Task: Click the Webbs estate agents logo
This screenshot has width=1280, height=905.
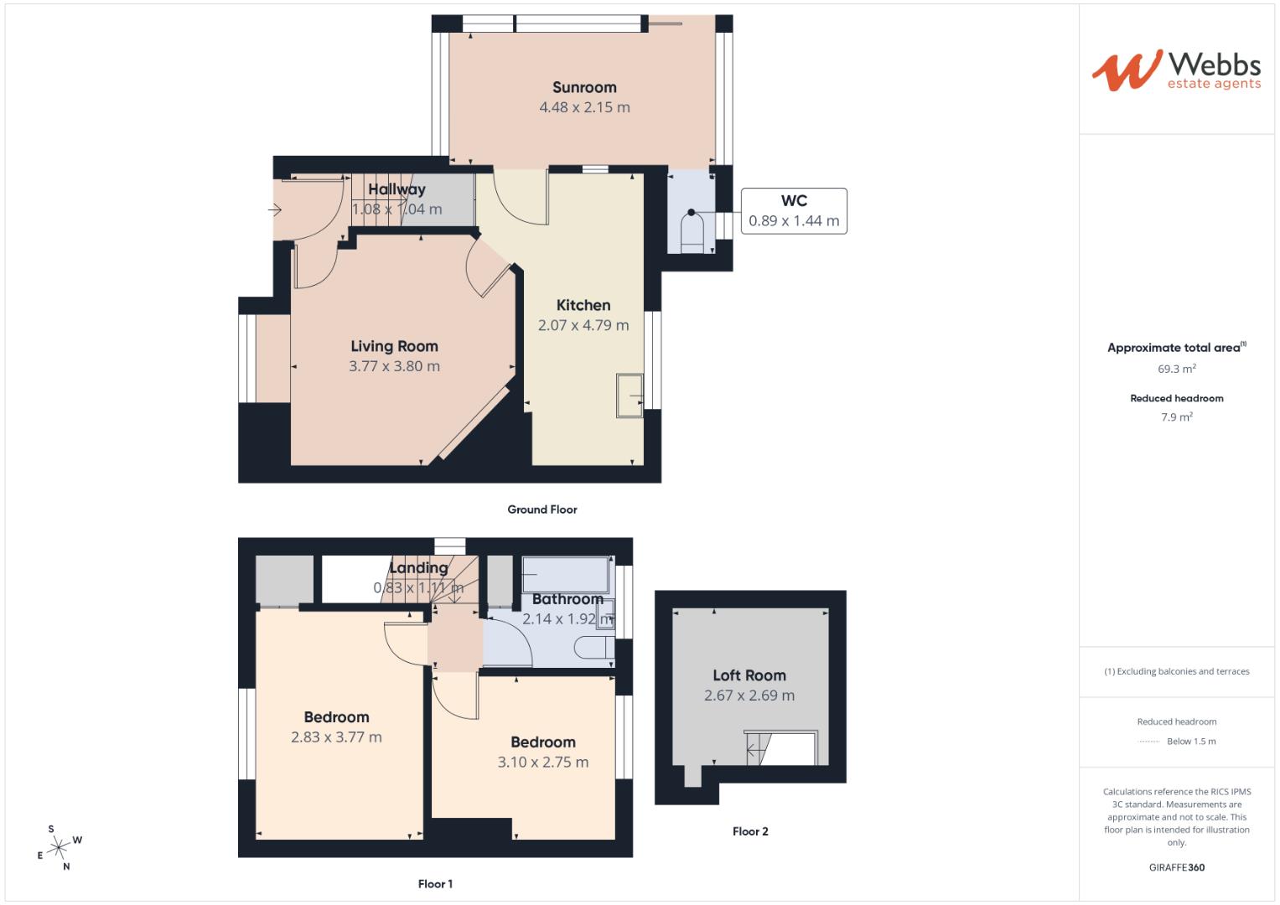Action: (1176, 70)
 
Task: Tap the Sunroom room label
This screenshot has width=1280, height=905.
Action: (584, 87)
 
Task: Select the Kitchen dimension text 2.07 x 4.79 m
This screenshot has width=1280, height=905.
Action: (583, 325)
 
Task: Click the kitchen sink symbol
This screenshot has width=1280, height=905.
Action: (630, 395)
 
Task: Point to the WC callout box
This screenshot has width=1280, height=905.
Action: (794, 211)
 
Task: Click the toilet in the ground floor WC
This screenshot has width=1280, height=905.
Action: (692, 230)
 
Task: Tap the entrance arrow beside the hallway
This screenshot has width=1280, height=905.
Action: (275, 210)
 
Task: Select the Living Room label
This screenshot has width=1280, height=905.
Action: (394, 346)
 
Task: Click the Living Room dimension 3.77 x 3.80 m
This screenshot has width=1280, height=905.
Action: (394, 366)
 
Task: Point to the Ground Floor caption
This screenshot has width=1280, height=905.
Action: (542, 509)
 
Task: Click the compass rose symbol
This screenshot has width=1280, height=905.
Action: (59, 848)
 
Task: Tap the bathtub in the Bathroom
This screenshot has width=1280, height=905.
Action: (566, 574)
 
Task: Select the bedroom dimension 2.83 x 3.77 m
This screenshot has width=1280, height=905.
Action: (336, 737)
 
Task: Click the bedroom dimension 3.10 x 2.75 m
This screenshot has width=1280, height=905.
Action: (543, 763)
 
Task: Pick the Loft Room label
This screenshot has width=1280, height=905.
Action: (749, 675)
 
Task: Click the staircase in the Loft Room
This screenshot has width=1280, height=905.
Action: (758, 748)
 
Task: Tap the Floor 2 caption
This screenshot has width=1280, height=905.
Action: (750, 831)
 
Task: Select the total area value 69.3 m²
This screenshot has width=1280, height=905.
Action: (1176, 369)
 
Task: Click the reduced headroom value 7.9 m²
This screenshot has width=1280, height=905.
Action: (1176, 416)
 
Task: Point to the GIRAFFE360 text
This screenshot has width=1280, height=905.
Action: (1176, 867)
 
